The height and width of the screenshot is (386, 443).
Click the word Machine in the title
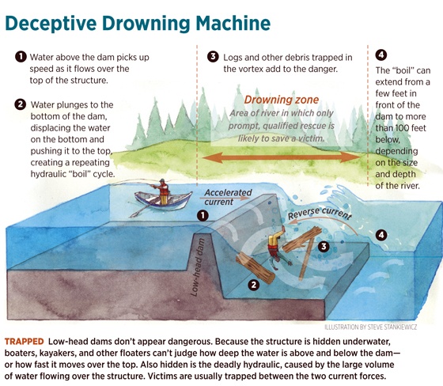tap(233, 23)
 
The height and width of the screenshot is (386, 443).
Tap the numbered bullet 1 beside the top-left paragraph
tap(21, 57)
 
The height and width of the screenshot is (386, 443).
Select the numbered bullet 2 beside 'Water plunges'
tap(20, 104)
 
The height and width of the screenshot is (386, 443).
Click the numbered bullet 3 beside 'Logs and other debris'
tap(213, 56)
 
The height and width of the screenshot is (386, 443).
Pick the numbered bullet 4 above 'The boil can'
tap(381, 55)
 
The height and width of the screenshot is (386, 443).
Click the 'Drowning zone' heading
tap(282, 100)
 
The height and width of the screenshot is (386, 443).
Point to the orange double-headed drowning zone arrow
tap(282, 157)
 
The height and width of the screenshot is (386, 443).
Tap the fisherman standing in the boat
tap(162, 191)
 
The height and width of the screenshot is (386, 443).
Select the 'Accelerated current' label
tap(228, 197)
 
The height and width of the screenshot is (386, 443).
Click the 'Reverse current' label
tap(320, 214)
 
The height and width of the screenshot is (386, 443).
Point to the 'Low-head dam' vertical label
tap(198, 267)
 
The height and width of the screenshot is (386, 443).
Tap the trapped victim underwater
tap(277, 245)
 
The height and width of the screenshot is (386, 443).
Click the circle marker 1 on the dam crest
tap(203, 216)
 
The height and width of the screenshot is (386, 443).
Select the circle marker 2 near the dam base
tap(253, 285)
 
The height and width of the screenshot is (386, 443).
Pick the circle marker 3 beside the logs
tap(324, 247)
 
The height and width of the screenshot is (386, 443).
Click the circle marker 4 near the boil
tap(381, 235)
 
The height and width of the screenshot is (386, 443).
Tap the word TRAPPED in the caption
tap(25, 342)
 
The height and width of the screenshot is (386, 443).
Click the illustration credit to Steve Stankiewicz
tap(371, 327)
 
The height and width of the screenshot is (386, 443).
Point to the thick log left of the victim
tap(255, 268)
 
